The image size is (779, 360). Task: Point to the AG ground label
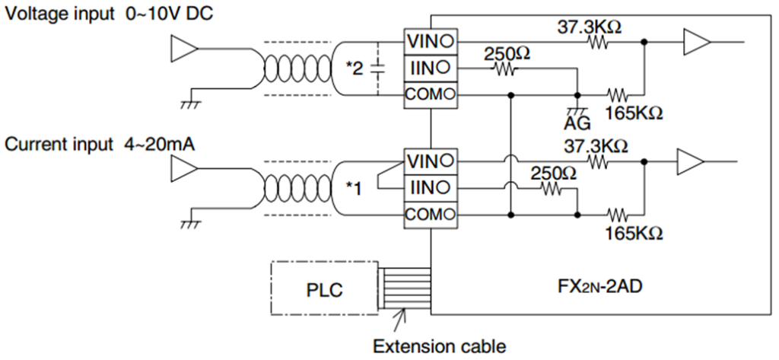[x=577, y=123]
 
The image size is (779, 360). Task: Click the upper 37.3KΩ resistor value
[x=590, y=27]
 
